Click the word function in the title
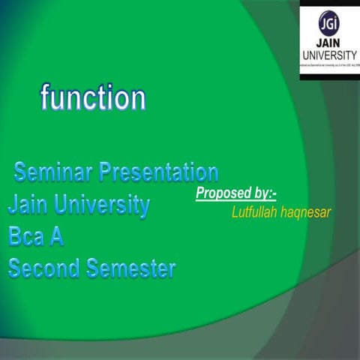coord(93,98)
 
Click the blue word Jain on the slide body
coord(31,205)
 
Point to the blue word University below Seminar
coord(104,205)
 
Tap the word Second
coord(44,268)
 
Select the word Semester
coord(131,268)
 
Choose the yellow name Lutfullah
coord(257,213)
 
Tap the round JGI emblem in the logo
coord(328,22)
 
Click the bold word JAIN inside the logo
coord(329,43)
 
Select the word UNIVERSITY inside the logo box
coord(329,55)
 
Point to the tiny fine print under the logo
coord(329,67)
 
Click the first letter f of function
coord(45,98)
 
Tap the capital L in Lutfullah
coord(235,213)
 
